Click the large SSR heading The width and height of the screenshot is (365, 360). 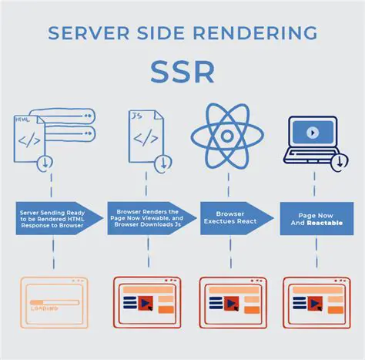pyautogui.click(x=182, y=72)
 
